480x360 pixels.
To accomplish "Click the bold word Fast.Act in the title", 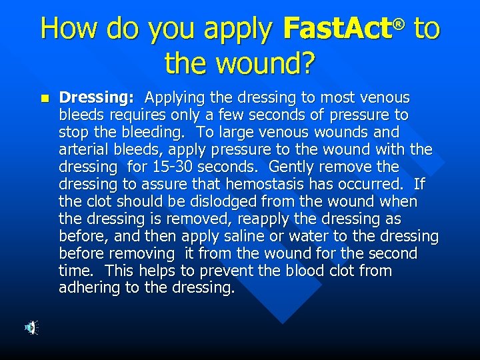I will click(337, 29).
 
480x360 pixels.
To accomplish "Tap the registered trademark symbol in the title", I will click(399, 24).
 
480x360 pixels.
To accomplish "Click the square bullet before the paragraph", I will click(44, 98).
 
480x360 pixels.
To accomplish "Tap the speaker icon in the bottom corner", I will click(31, 327).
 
